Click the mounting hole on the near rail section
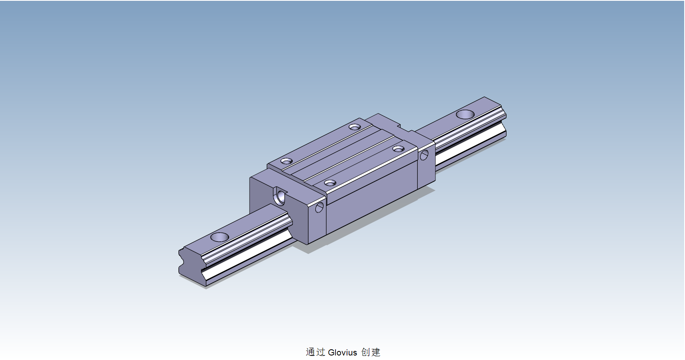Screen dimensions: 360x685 pos(219,237)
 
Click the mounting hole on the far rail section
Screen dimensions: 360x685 pos(465,114)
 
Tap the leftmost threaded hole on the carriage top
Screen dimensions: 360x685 pos(287,161)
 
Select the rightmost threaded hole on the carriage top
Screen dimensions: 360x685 pos(398,148)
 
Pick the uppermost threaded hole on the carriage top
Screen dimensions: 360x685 pos(355,127)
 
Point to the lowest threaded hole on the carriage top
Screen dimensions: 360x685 pos(330,182)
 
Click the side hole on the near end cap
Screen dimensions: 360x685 pos(319,208)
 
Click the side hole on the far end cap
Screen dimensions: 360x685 pos(424,155)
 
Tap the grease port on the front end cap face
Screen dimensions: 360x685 pos(281,196)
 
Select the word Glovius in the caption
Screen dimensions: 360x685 pos(342,352)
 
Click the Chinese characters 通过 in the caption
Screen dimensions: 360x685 pos(315,352)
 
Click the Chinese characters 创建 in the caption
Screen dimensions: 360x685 pos(370,352)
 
